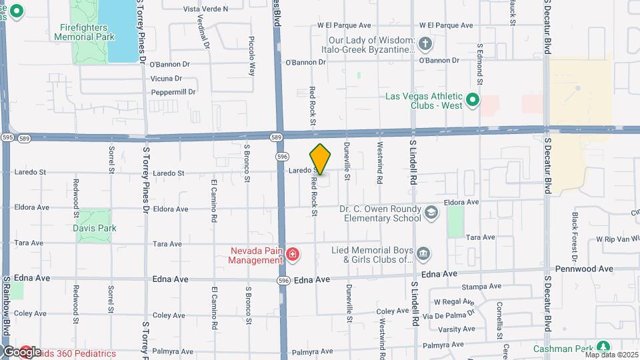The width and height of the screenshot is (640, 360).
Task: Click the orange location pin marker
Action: pos(321,159)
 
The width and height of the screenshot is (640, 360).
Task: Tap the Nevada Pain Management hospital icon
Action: pos(292,255)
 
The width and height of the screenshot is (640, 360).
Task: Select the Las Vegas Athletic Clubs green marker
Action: pos(473,101)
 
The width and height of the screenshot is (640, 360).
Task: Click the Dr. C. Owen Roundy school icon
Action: pos(431,213)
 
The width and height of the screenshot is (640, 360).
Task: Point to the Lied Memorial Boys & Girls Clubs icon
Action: pos(423,255)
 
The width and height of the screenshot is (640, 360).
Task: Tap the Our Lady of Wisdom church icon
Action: pos(426,45)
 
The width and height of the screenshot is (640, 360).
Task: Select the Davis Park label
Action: pos(95,228)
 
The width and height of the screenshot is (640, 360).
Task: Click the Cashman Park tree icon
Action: pos(603,348)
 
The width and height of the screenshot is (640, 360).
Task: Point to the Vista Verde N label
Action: pos(205,9)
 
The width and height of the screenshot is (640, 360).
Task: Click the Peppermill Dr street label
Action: pos(173,92)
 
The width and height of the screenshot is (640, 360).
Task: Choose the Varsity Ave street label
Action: pos(457,329)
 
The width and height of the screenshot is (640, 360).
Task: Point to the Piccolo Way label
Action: pos(252,55)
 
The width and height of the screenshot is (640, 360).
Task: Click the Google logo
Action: pos(21,351)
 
